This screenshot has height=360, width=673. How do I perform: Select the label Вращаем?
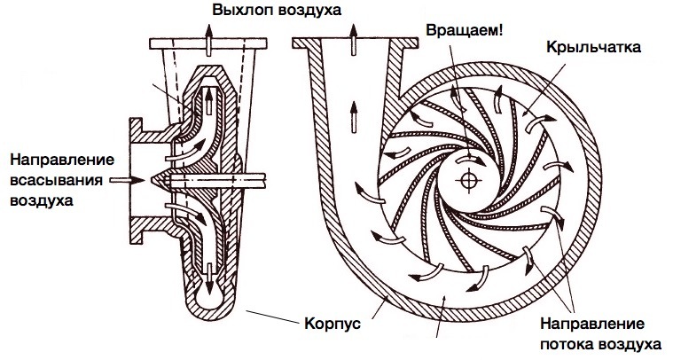click(466, 28)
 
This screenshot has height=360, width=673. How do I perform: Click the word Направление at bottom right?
click(591, 323)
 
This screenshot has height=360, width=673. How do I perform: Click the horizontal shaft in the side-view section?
click(222, 179)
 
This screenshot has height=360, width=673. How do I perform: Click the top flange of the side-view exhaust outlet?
click(209, 43)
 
